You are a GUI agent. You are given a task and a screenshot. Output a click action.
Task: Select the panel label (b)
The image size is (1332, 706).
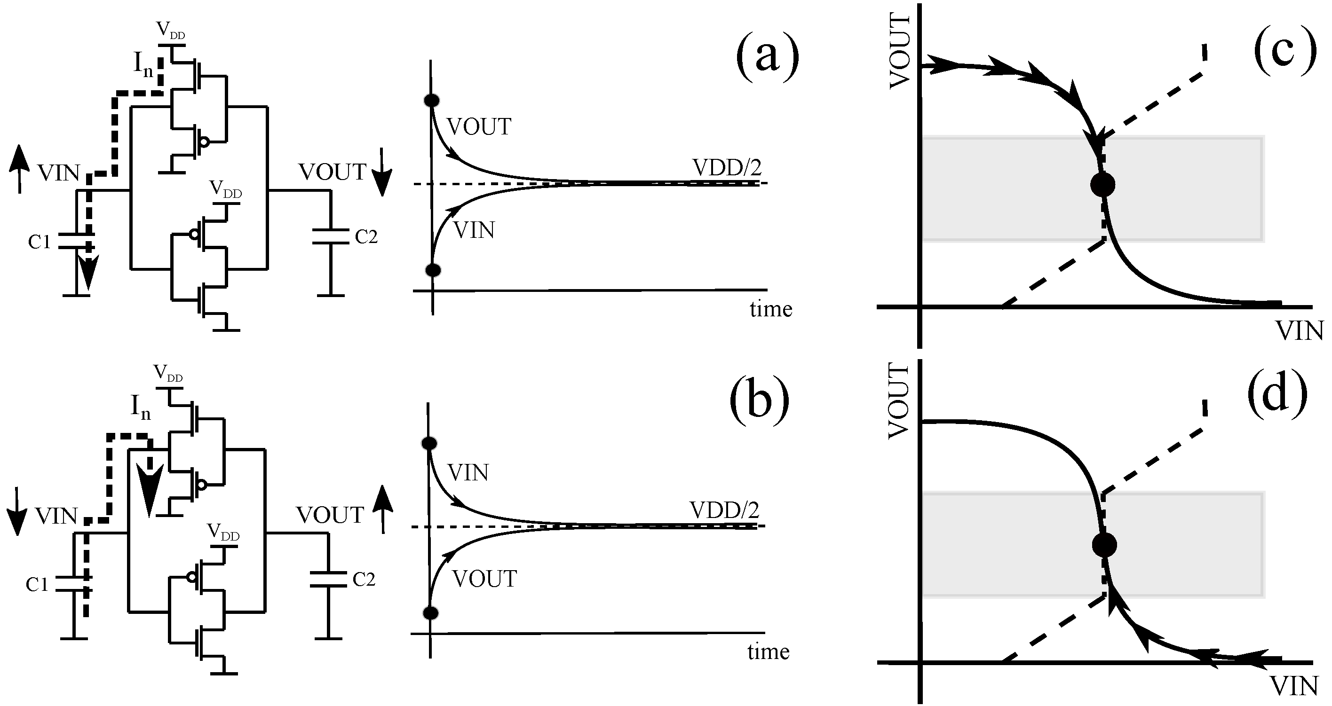click(760, 399)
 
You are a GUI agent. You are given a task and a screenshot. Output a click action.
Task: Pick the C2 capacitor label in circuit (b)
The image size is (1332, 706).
click(364, 580)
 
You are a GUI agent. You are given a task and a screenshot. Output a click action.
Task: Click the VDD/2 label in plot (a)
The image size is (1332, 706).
click(727, 167)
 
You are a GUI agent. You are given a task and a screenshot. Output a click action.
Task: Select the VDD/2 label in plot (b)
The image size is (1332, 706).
click(724, 510)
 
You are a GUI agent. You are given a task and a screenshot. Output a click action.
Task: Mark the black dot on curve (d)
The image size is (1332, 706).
click(1104, 545)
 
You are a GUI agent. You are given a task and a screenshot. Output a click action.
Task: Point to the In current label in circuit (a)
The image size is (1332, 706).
click(143, 64)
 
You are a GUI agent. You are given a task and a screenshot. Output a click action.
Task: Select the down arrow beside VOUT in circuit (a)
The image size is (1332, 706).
click(381, 172)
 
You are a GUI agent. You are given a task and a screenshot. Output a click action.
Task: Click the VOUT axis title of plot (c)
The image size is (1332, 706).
click(900, 52)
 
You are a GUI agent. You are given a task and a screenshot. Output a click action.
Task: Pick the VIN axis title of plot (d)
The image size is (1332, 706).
click(1294, 686)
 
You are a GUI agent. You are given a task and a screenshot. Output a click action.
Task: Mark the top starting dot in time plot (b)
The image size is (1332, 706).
click(429, 443)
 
